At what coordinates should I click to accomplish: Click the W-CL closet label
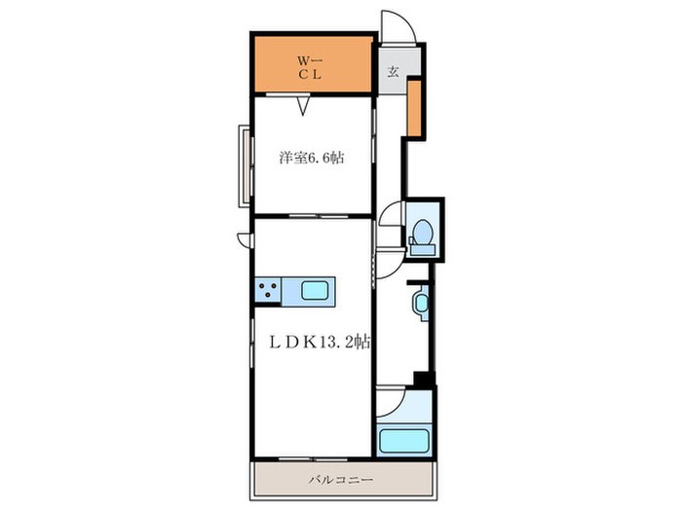click(310, 67)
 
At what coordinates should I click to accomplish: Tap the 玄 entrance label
click(393, 72)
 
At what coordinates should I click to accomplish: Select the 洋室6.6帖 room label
click(311, 158)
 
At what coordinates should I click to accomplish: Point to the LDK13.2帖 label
click(320, 342)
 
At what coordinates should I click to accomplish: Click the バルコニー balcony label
click(341, 480)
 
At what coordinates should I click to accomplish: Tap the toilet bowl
click(422, 232)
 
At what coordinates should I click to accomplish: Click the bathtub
click(403, 441)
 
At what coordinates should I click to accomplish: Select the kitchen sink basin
click(315, 291)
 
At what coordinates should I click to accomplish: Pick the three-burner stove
click(268, 290)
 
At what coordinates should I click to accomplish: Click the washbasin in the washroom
click(421, 303)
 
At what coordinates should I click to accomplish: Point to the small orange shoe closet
click(414, 108)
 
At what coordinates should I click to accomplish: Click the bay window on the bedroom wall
click(246, 166)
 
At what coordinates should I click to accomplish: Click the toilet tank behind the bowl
click(422, 249)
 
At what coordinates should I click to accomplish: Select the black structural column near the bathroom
click(424, 380)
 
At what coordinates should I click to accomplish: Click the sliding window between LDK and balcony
click(314, 458)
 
